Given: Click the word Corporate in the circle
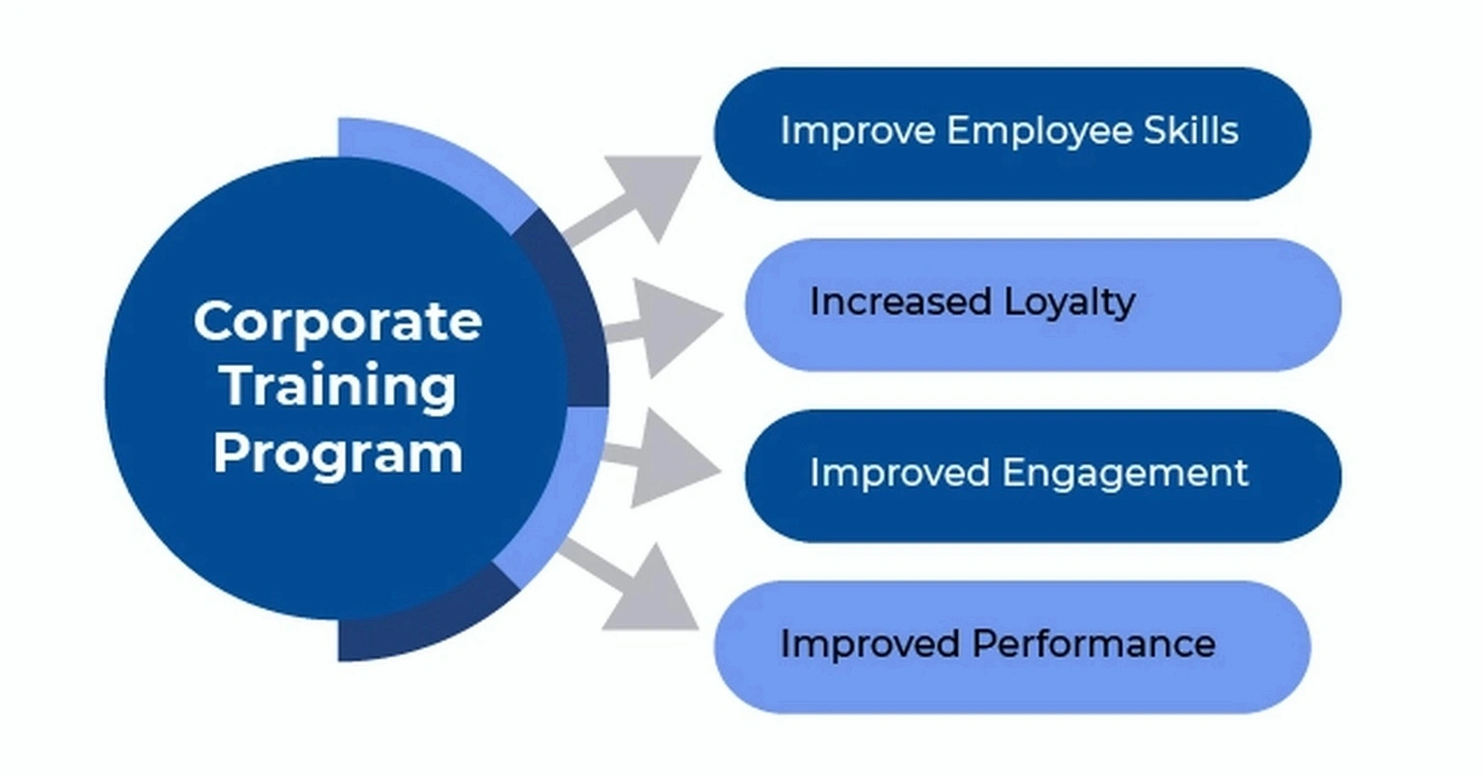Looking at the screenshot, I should [337, 322].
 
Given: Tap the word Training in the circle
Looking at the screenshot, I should [339, 386].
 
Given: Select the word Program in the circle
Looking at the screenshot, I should [338, 453].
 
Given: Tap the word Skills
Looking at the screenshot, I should [1191, 131].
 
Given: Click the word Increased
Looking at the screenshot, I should [900, 302].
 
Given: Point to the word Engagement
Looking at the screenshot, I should [1125, 474].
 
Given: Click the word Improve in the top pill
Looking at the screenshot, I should [858, 131].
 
